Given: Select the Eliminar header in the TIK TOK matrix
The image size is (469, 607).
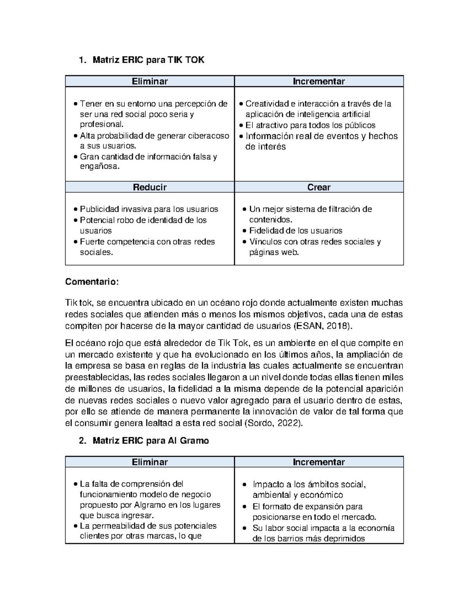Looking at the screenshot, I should (150, 81).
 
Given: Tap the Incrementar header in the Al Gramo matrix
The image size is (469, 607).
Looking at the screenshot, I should (319, 462).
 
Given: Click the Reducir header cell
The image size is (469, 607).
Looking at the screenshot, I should (150, 187).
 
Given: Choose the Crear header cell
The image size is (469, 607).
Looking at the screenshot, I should (319, 187).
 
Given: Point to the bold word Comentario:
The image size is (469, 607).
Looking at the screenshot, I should (91, 282).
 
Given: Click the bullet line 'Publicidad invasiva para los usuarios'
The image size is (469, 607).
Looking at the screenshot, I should (149, 209).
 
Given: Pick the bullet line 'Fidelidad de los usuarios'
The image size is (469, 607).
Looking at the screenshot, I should (295, 231).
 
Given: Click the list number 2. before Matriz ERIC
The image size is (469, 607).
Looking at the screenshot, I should (82, 441).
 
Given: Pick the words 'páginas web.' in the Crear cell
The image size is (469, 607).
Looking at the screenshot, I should (274, 252).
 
